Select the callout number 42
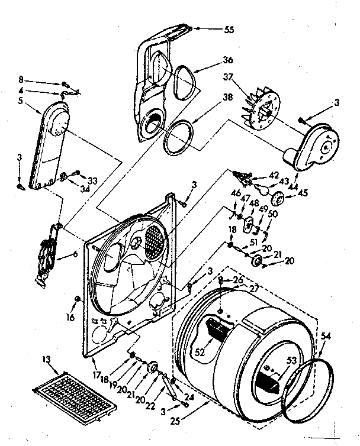(274, 174)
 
